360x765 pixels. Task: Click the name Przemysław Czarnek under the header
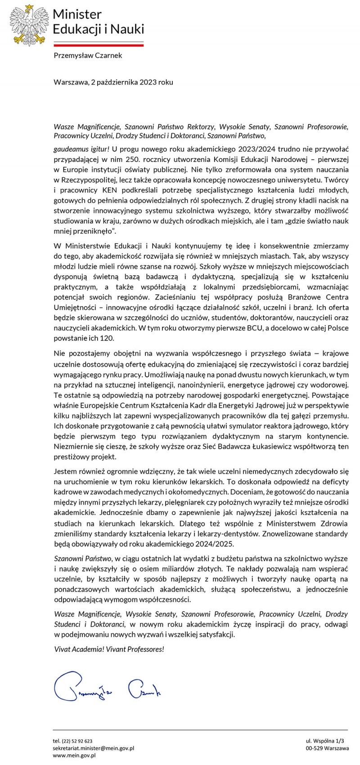(88, 56)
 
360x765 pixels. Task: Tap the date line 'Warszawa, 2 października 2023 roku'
(113, 82)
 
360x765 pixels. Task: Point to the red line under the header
(99, 45)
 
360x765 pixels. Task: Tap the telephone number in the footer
(73, 741)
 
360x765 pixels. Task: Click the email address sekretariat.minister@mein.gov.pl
(94, 748)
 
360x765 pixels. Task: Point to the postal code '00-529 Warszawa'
(327, 748)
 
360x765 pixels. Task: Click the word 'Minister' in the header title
(77, 14)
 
